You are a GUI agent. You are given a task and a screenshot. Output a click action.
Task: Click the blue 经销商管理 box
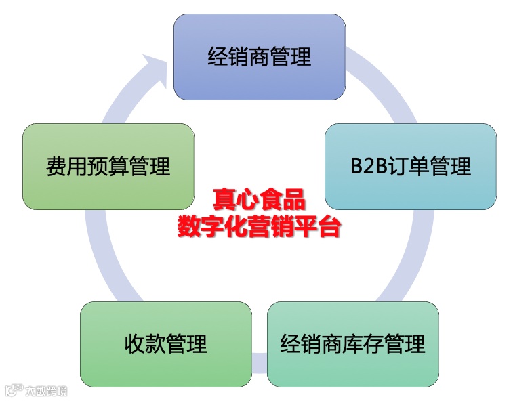pyautogui.click(x=259, y=57)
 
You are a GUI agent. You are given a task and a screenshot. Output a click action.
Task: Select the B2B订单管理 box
pyautogui.click(x=410, y=166)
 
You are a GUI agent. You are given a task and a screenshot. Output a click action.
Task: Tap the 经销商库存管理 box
pyautogui.click(x=352, y=344)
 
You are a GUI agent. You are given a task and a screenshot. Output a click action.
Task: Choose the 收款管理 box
pyautogui.click(x=165, y=344)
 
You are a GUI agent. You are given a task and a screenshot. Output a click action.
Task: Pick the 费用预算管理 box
pyautogui.click(x=108, y=166)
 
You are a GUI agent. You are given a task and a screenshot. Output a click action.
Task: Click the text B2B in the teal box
pyautogui.click(x=367, y=167)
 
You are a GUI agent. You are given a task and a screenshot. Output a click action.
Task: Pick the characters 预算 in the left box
pyautogui.click(x=108, y=167)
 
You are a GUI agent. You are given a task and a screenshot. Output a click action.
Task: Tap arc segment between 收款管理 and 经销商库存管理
pyautogui.click(x=260, y=360)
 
